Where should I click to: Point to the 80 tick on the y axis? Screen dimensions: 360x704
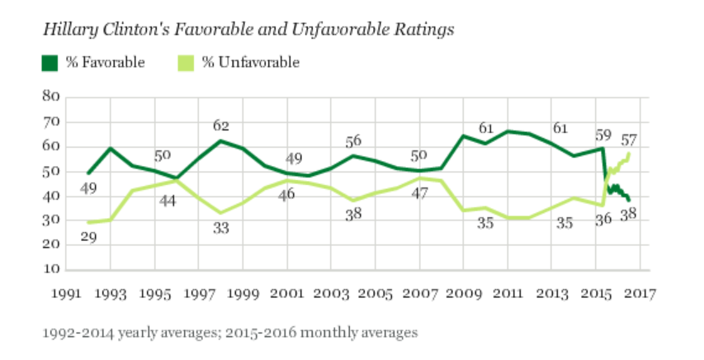pyautogui.click(x=51, y=97)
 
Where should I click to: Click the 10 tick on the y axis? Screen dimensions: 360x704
pyautogui.click(x=51, y=270)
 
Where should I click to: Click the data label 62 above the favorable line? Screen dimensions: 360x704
pyautogui.click(x=220, y=126)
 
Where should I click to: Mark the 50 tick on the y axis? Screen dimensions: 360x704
pyautogui.click(x=51, y=172)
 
